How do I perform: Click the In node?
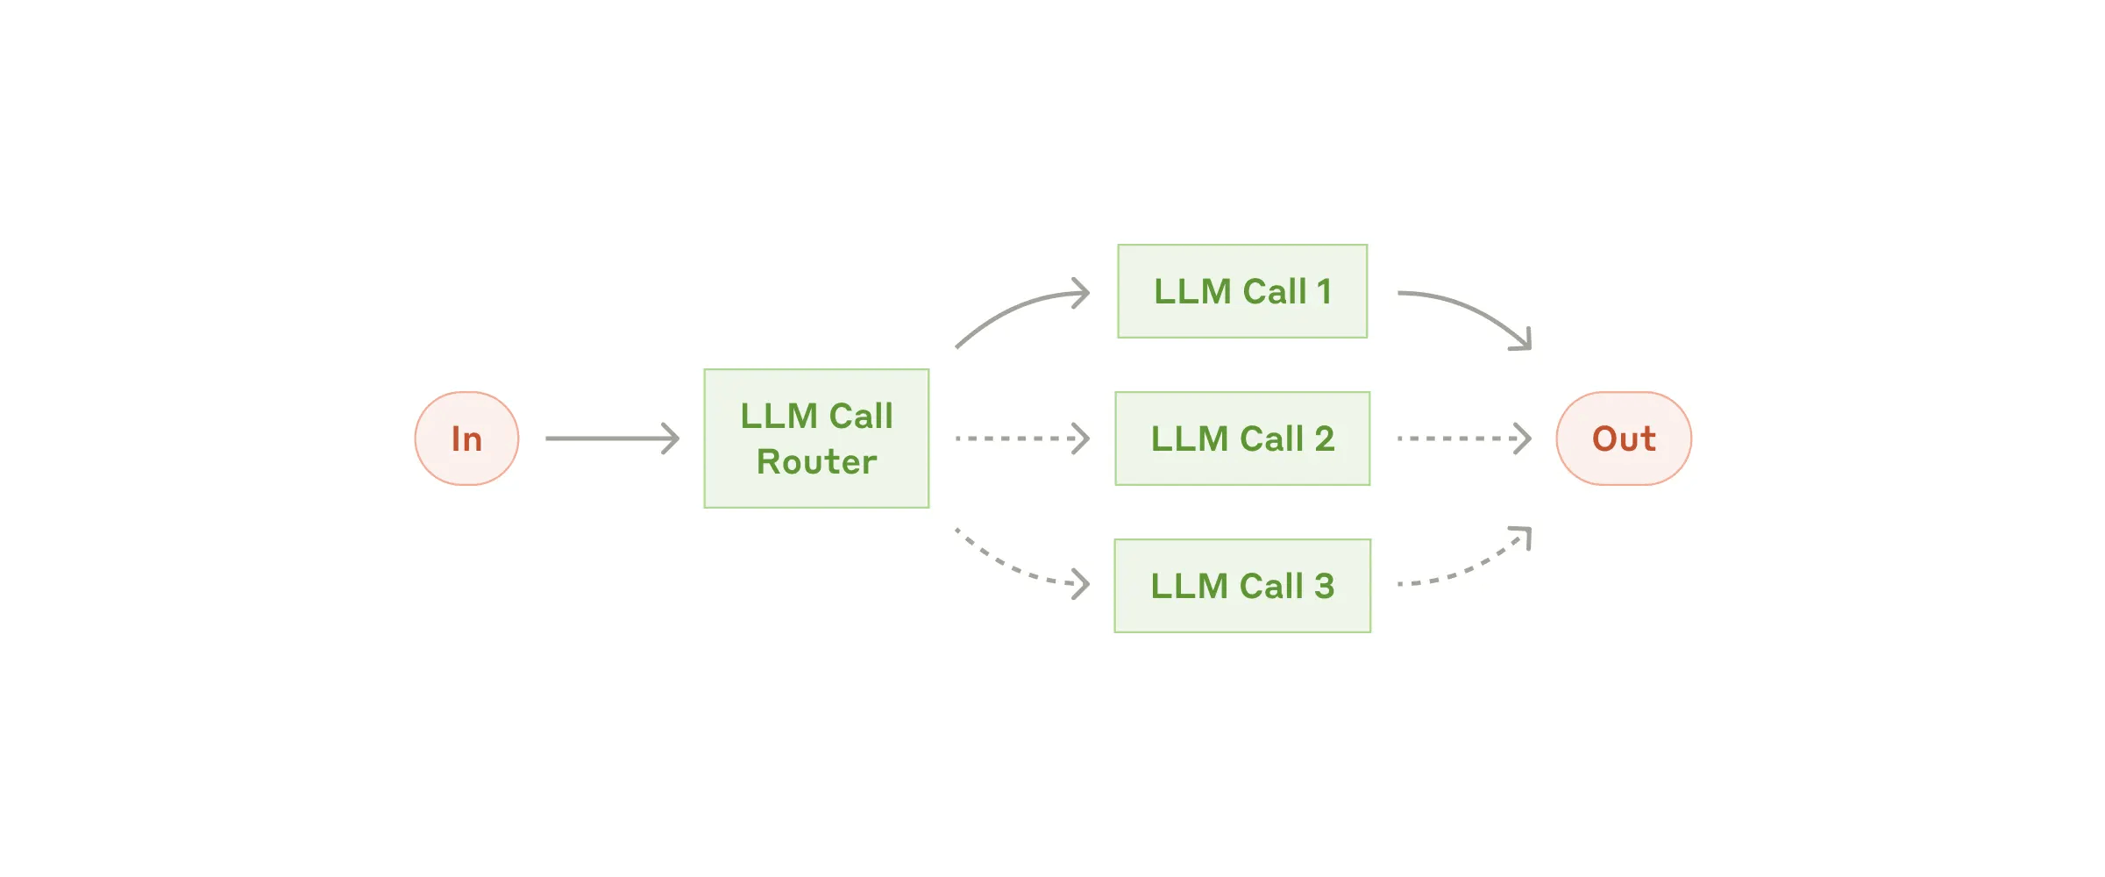point(466,438)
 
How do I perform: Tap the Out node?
point(1623,438)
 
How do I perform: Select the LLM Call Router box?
point(816,438)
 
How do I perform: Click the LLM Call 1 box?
point(1242,291)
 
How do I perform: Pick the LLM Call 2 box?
point(1242,438)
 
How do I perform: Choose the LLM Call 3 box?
point(1242,586)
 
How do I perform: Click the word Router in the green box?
point(816,462)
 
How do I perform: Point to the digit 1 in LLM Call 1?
point(1324,292)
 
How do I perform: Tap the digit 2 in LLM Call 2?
point(1324,438)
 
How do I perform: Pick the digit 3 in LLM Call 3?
point(1324,586)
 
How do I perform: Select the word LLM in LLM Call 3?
point(1189,586)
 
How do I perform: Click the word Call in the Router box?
point(861,416)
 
